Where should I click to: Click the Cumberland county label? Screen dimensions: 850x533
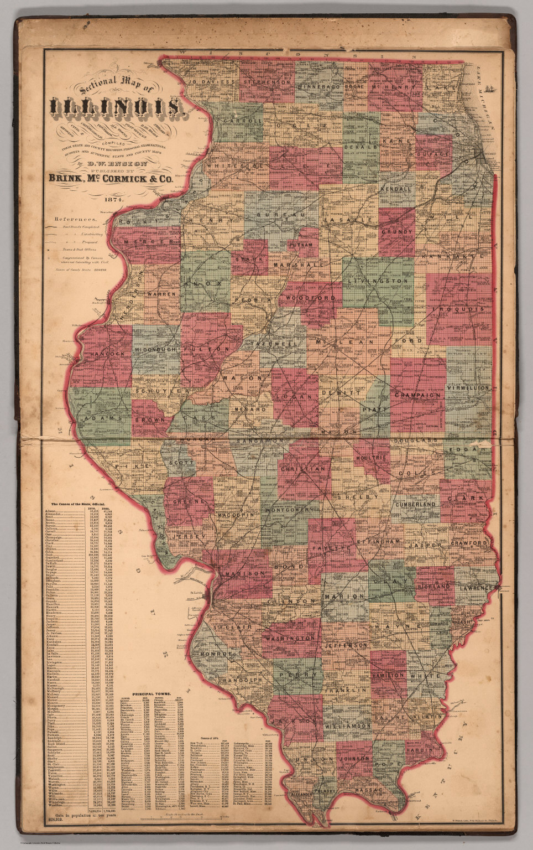tap(415, 505)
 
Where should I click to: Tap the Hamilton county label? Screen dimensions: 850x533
tap(388, 676)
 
